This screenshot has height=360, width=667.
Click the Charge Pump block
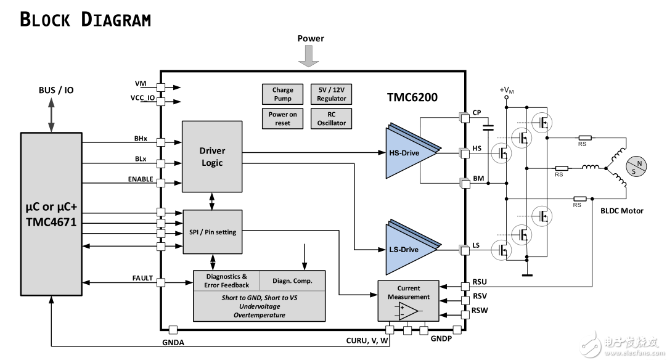tap(283, 94)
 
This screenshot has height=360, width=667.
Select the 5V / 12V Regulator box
tap(332, 94)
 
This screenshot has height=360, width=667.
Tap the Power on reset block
tap(283, 118)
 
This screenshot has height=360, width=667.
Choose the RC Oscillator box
tap(332, 118)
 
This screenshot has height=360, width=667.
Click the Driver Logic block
tap(212, 157)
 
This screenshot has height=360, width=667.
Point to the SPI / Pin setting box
tap(213, 232)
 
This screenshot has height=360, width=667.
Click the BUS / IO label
tap(56, 90)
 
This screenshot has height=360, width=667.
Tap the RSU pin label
tap(480, 282)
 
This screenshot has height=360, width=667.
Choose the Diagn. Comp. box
tap(292, 280)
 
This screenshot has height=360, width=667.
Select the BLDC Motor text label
tap(621, 211)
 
